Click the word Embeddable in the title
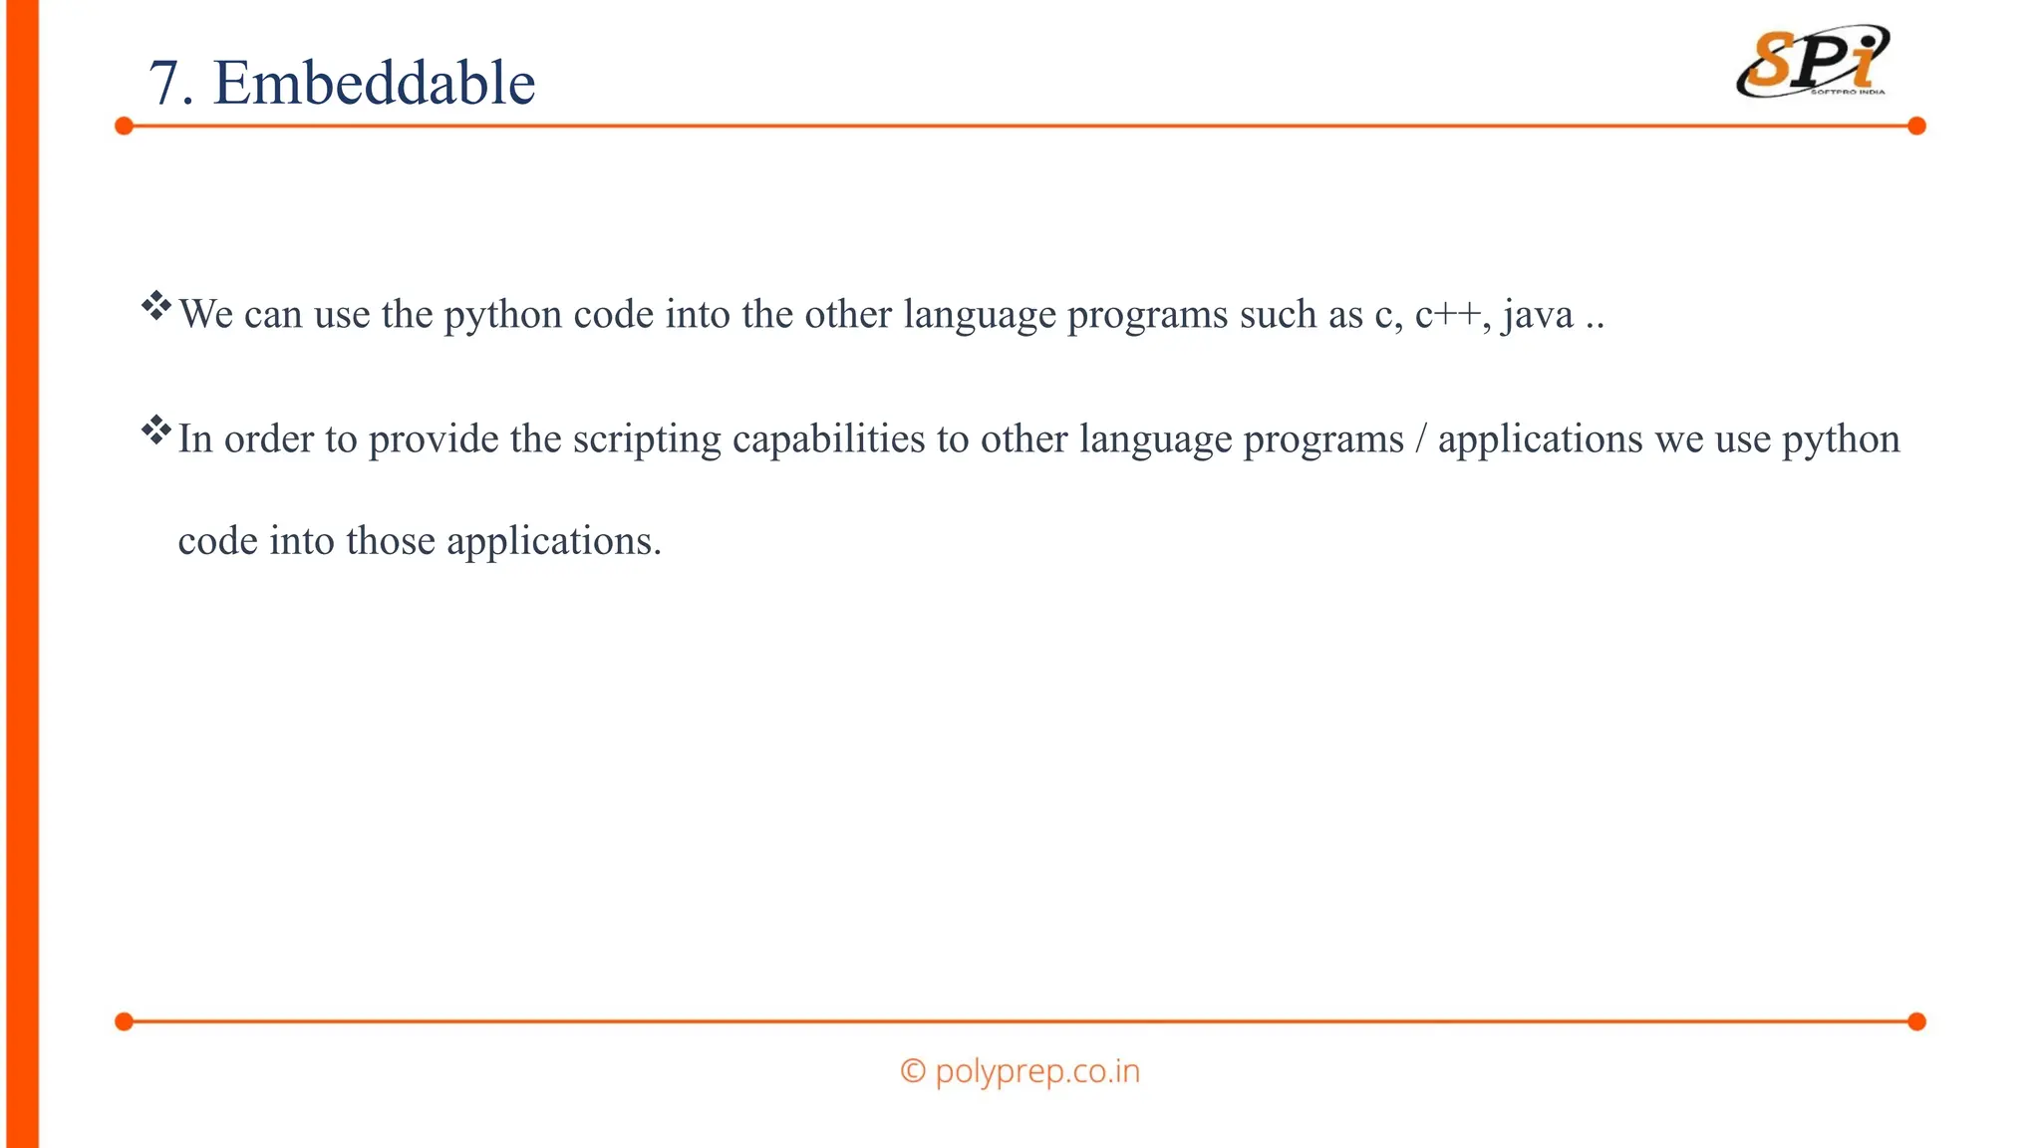pyautogui.click(x=374, y=83)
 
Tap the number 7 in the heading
pyautogui.click(x=164, y=84)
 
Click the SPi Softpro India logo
pyautogui.click(x=1813, y=62)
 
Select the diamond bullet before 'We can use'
pyautogui.click(x=156, y=306)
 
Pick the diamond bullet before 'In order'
pyautogui.click(x=156, y=430)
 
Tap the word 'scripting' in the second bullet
pyautogui.click(x=646, y=439)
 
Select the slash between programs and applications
pyautogui.click(x=1420, y=439)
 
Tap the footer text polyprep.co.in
pyautogui.click(x=1037, y=1071)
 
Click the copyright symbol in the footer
pyautogui.click(x=913, y=1071)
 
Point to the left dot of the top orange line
pyautogui.click(x=124, y=126)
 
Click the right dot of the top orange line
pyautogui.click(x=1916, y=126)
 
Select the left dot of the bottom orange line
pyautogui.click(x=124, y=1021)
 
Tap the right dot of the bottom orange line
pyautogui.click(x=1916, y=1021)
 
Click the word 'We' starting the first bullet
pyautogui.click(x=206, y=315)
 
